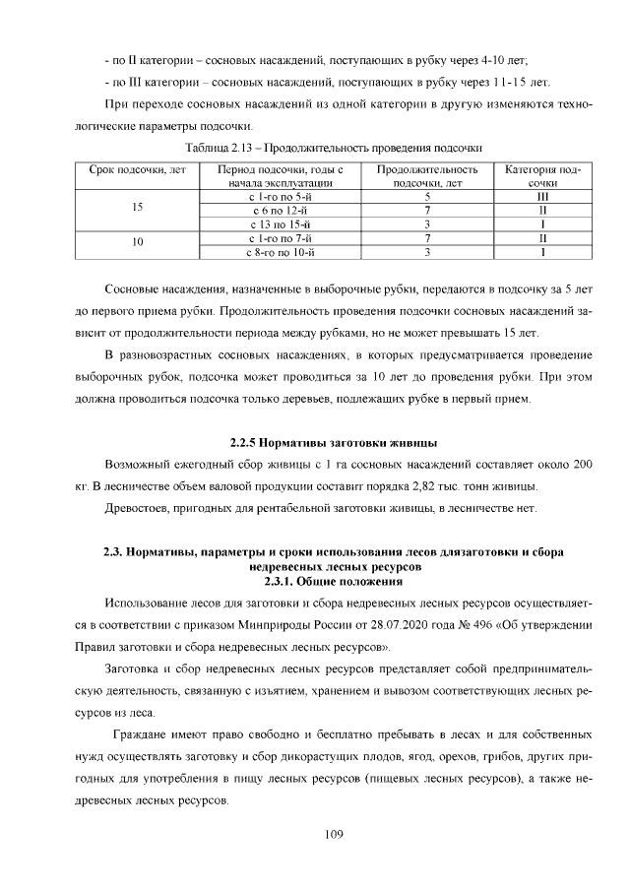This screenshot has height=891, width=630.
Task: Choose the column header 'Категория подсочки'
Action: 542,176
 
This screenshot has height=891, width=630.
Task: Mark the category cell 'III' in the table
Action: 542,196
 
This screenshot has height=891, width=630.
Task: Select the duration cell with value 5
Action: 428,196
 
